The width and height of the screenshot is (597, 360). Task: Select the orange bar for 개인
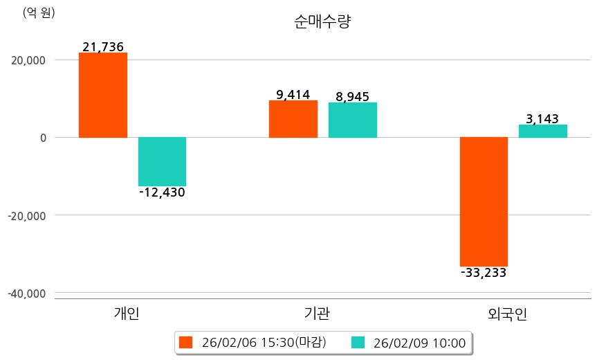(x=102, y=95)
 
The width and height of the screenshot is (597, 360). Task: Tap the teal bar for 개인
(x=162, y=161)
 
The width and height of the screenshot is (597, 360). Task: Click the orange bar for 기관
(x=293, y=119)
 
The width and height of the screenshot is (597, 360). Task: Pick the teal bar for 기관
(x=353, y=120)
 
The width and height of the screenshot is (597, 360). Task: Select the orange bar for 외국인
(x=484, y=201)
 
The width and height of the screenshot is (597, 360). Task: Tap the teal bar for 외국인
(x=543, y=131)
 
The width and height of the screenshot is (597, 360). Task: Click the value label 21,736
(x=102, y=47)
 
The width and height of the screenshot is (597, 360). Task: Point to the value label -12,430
(x=162, y=192)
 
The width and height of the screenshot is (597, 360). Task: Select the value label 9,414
(x=293, y=95)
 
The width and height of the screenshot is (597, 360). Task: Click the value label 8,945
(x=353, y=97)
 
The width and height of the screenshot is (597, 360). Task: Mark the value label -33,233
(x=484, y=273)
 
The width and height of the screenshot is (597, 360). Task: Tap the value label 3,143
(x=543, y=119)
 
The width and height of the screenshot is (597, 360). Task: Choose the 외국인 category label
(x=508, y=314)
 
